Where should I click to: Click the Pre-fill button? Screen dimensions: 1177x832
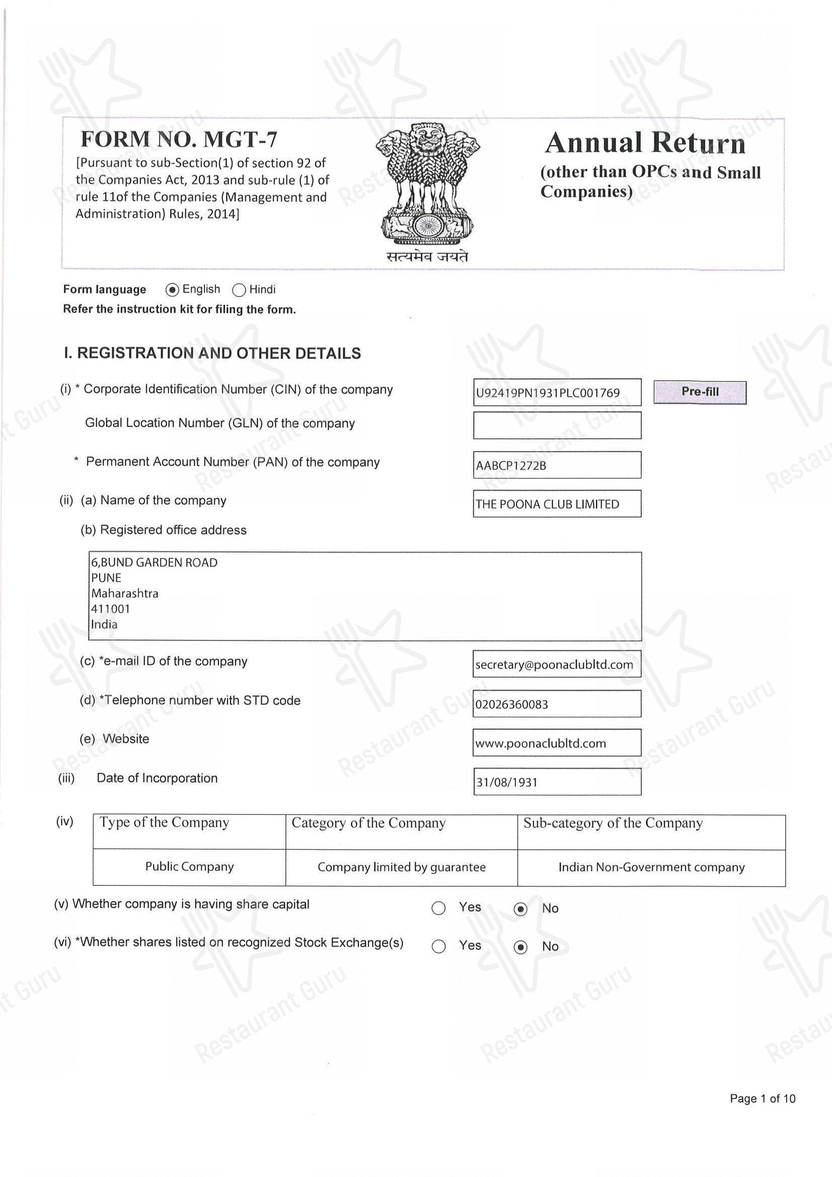699,392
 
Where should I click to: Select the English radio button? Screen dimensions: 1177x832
172,290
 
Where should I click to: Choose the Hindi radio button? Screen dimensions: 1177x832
239,290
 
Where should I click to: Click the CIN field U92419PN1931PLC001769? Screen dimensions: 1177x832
557,393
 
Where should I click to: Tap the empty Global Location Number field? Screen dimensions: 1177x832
557,425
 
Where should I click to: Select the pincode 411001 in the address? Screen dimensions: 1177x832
111,609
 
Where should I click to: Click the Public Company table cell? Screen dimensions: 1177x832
189,867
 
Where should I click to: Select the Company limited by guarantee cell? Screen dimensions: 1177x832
401,867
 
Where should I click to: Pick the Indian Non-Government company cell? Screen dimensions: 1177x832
651,867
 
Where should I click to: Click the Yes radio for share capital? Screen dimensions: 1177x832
438,908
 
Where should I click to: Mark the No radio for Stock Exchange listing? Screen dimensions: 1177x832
520,947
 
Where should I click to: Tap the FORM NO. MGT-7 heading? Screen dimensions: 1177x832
179,139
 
